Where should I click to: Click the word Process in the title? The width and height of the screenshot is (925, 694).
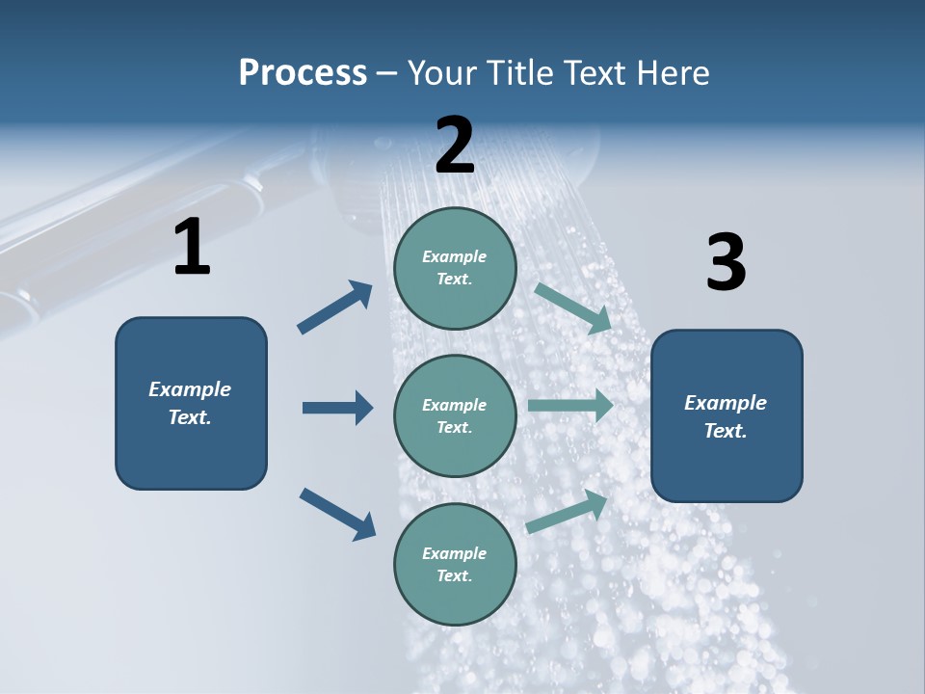click(303, 72)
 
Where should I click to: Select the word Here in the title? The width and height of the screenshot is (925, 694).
click(671, 72)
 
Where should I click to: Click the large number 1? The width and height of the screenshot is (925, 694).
click(192, 248)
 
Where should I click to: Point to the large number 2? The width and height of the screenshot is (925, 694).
click(455, 146)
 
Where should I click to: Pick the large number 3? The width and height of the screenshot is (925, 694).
click(726, 263)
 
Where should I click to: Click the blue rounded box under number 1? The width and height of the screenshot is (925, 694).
click(191, 403)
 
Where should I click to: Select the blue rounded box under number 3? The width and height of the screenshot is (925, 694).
click(727, 416)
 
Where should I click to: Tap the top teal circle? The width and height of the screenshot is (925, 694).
click(455, 268)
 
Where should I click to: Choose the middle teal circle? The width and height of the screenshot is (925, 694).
click(455, 415)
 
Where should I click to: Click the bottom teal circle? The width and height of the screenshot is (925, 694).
click(455, 564)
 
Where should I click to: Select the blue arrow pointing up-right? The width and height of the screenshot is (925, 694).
click(335, 307)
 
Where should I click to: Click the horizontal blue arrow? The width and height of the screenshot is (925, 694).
click(337, 408)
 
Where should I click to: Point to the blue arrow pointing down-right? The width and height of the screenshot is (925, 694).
click(337, 514)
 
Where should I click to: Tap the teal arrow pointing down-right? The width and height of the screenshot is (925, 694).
click(573, 308)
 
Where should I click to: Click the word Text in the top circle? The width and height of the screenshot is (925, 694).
click(453, 280)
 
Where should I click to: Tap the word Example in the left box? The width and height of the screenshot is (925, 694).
click(190, 389)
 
